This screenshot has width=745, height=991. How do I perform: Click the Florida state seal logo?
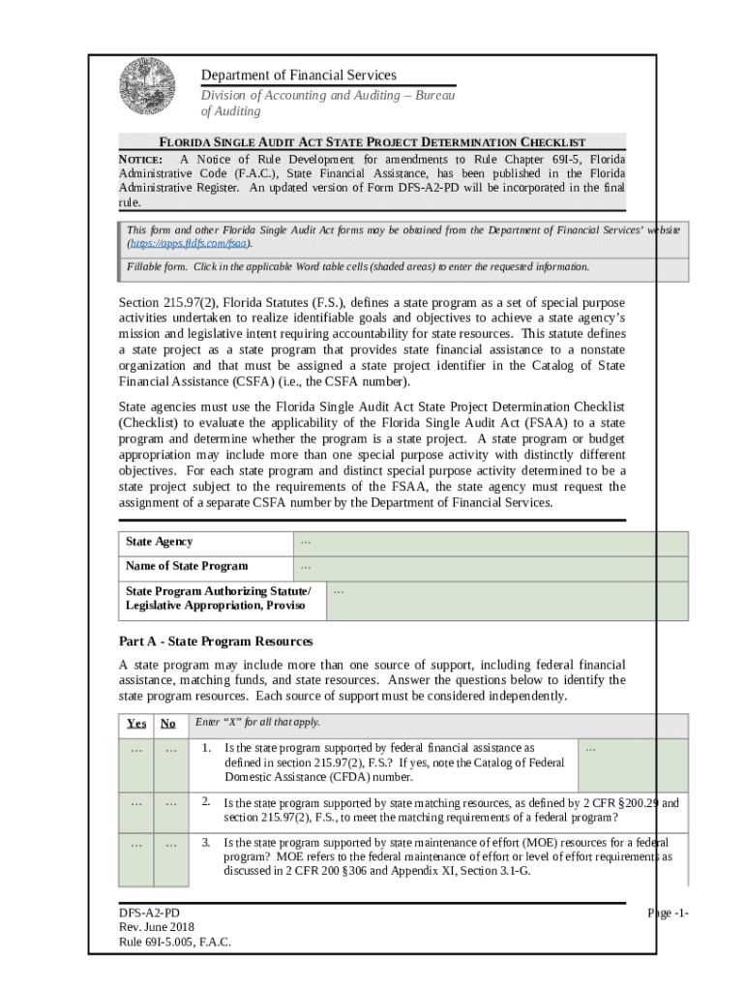coord(147,87)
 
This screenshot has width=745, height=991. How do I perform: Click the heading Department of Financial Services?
coord(298,75)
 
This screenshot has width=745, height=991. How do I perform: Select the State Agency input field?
coord(490,543)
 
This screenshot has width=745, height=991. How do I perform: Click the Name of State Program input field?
coord(490,568)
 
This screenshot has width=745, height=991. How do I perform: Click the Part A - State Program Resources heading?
coord(215,642)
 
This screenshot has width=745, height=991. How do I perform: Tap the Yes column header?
coord(136,724)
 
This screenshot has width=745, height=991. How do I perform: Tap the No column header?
coord(168,724)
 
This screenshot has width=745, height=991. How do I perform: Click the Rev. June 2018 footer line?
coord(156,928)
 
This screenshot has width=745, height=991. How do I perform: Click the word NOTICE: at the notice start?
coord(139,159)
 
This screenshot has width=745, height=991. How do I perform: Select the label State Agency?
coord(159,542)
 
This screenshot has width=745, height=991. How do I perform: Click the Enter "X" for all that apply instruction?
coord(257,723)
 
